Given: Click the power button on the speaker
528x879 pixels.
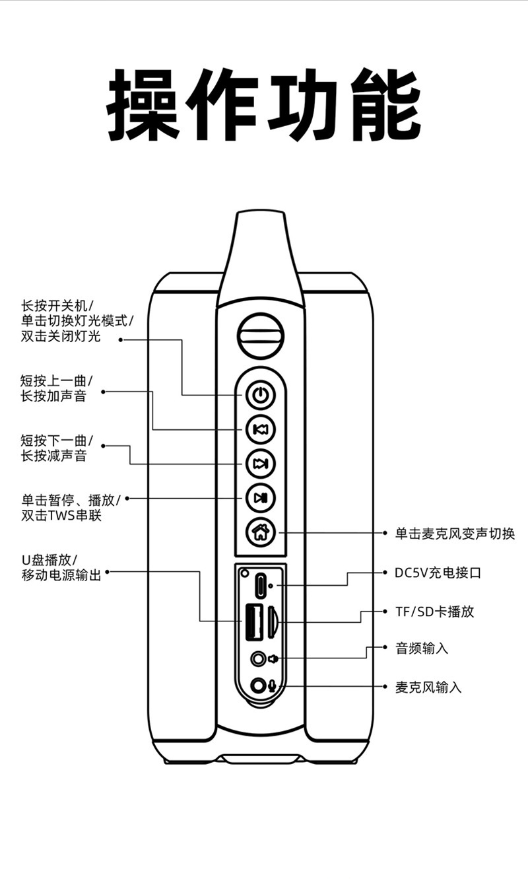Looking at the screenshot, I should [x=261, y=396].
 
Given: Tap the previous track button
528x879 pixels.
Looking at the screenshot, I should [x=261, y=430].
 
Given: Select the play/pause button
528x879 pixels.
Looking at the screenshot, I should [x=261, y=498].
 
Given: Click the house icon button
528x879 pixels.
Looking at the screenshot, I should [x=261, y=532].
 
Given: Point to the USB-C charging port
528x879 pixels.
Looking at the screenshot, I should [x=261, y=584].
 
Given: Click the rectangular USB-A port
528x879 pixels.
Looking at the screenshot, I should [x=254, y=621].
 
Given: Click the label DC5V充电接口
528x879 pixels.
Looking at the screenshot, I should [x=438, y=573].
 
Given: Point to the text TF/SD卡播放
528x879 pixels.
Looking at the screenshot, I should [x=434, y=612].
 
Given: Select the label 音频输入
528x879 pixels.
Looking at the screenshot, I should [x=422, y=649].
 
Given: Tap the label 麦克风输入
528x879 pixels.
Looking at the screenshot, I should [x=428, y=687].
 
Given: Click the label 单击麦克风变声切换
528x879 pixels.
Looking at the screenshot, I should [x=454, y=534].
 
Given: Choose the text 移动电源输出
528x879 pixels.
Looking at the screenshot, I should [x=61, y=576].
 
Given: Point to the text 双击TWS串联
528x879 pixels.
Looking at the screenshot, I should [x=61, y=516].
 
